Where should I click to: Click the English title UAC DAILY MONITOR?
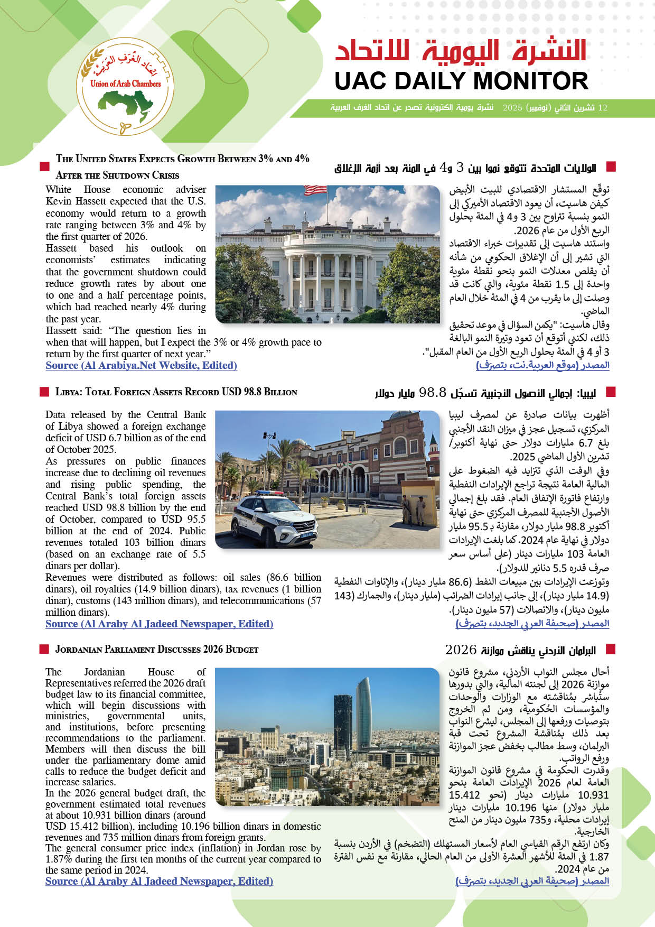pos(461,81)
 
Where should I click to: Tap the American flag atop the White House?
pos(316,190)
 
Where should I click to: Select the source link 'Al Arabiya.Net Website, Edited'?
pos(141,365)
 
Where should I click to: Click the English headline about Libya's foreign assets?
pos(176,392)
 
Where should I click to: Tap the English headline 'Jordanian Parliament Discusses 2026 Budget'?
pos(157,650)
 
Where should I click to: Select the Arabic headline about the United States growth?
pos(465,168)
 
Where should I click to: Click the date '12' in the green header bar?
pos(602,108)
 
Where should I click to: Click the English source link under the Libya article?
pos(159,624)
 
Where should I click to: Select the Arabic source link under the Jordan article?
pos(532,881)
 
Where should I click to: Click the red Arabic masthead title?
pos(461,52)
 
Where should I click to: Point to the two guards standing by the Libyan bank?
pos(411,511)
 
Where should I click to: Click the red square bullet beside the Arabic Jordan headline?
pos(611,650)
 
